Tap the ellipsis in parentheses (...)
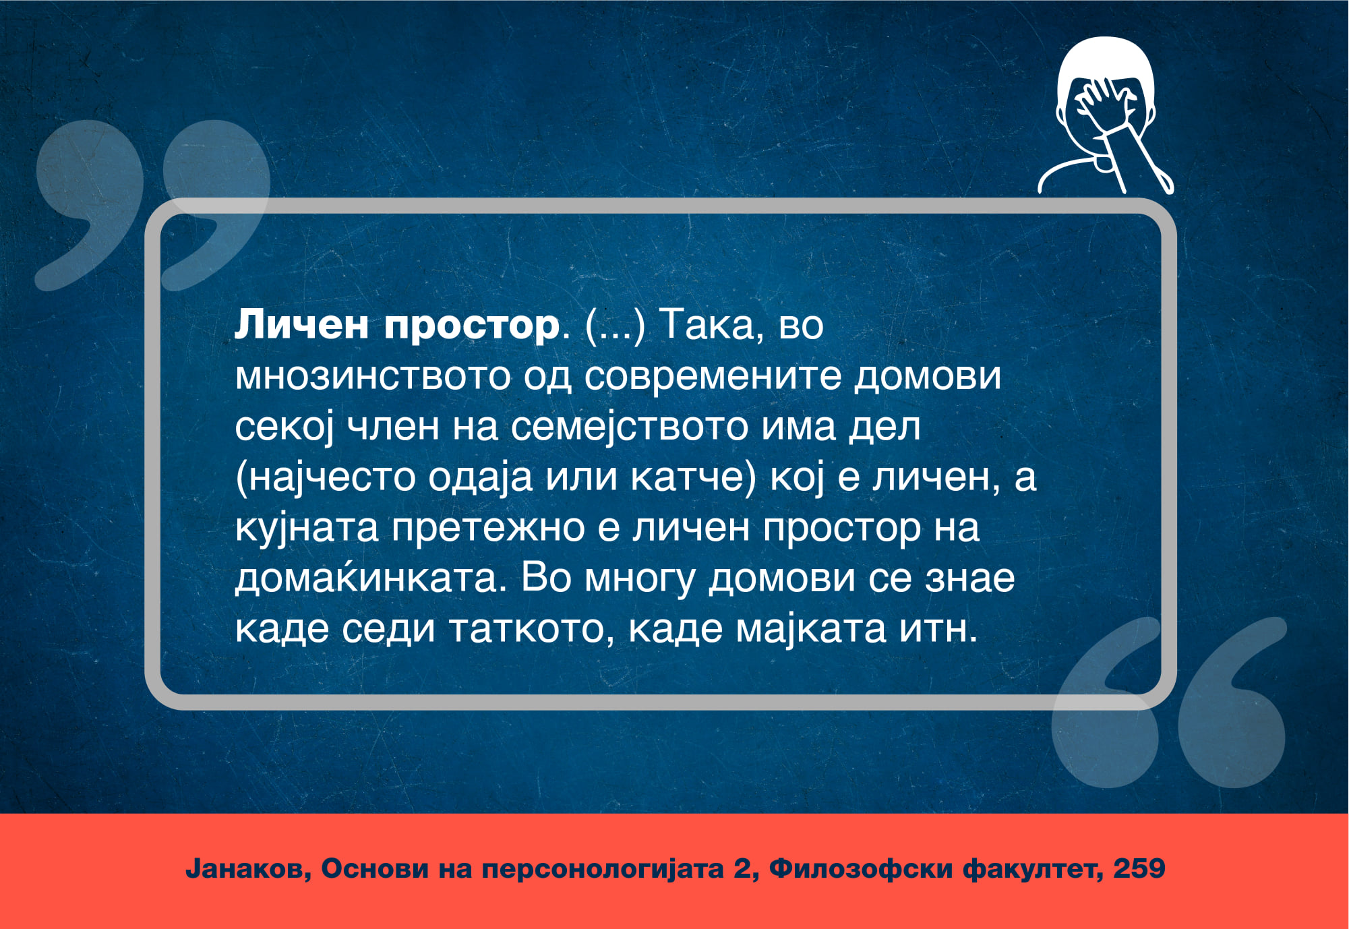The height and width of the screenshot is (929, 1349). (616, 326)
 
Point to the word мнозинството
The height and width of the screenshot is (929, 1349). (372, 376)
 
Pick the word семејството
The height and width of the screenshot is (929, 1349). (630, 427)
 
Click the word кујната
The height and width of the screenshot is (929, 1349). (307, 528)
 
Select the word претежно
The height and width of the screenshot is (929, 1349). (488, 528)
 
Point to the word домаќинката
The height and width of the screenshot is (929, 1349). (370, 578)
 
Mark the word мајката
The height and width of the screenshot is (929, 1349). (810, 629)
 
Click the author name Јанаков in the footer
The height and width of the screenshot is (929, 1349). (248, 868)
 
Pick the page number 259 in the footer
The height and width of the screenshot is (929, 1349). (1139, 868)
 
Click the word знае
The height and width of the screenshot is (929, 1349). (969, 578)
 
